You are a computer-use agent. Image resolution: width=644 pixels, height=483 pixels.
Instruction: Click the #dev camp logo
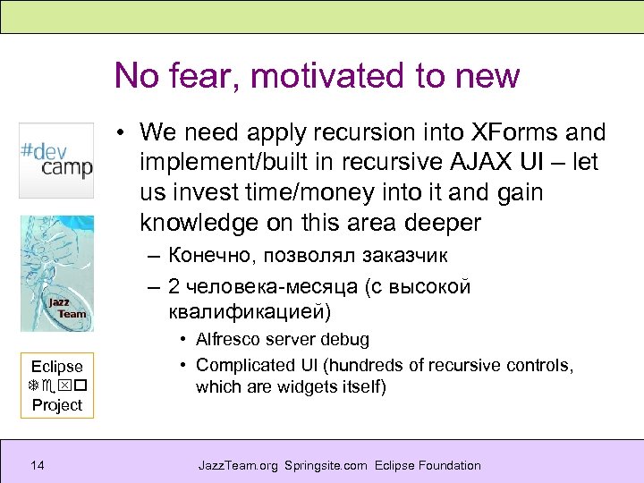coord(56,160)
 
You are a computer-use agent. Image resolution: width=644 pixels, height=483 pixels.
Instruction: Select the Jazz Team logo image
coord(57,274)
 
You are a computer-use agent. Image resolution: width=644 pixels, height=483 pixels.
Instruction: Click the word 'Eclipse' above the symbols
coord(56,366)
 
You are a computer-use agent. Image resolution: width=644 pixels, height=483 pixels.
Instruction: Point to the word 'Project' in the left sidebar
coord(56,405)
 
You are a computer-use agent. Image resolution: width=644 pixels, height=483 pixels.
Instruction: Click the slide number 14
coord(37,465)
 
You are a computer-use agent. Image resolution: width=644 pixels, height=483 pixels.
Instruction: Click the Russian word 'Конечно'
coord(214,256)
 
